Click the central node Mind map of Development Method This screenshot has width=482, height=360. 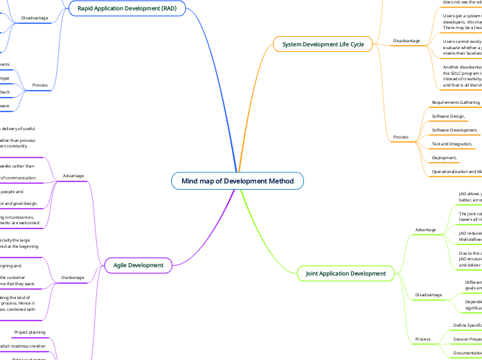pos(238,181)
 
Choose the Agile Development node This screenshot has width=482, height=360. pos(138,264)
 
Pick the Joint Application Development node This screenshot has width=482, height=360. pos(346,273)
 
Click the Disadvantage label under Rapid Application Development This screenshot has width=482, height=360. pos(35,17)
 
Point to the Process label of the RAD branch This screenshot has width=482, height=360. pos(39,86)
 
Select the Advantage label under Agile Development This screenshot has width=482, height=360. pos(73,176)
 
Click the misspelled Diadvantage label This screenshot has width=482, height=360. pos(73,278)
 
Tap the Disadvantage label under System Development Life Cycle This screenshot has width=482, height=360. pos(406,41)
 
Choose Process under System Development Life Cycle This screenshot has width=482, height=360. pos(400,137)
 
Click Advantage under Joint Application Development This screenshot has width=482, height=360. pos(425,228)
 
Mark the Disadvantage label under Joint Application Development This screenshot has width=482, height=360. pos(428,295)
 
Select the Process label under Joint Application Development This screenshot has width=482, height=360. pos(422,339)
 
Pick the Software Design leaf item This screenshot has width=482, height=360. pos(448,116)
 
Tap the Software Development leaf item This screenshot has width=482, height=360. pos(455,130)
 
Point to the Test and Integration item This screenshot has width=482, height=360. pos(452,144)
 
